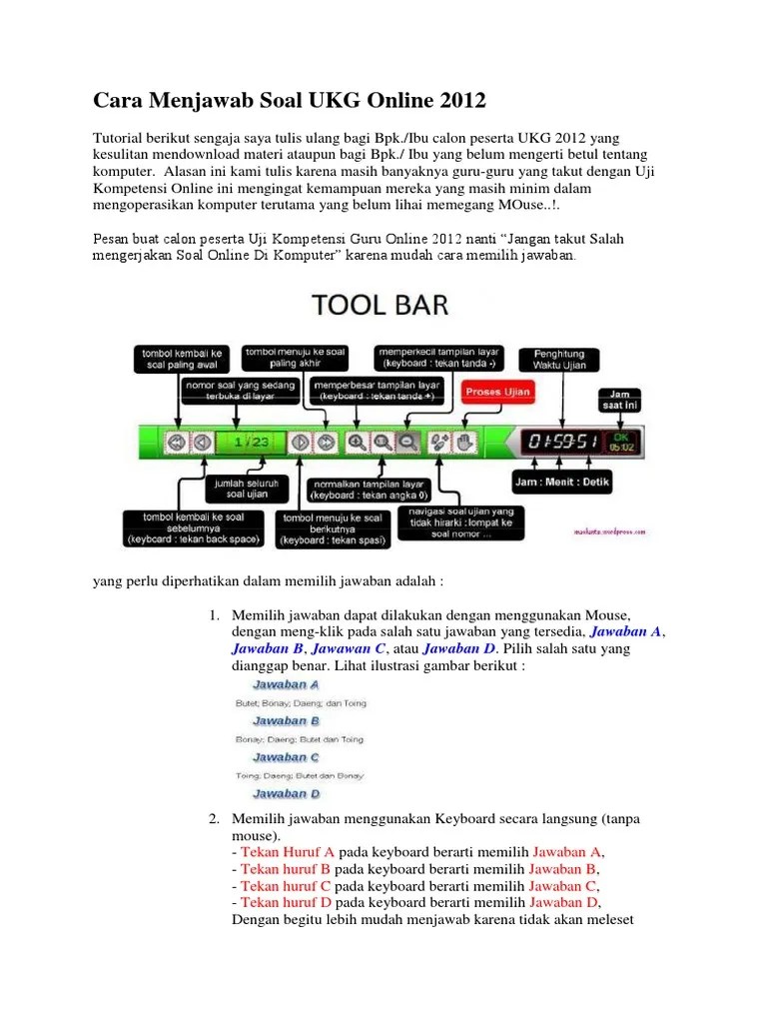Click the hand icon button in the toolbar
pyautogui.click(x=462, y=442)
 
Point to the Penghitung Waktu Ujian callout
pyautogui.click(x=566, y=361)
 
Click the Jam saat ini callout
pyautogui.click(x=621, y=400)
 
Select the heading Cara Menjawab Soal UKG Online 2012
pyautogui.click(x=290, y=101)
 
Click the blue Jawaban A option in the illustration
pyautogui.click(x=286, y=685)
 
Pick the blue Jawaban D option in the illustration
pyautogui.click(x=286, y=794)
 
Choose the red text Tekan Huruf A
pyautogui.click(x=288, y=852)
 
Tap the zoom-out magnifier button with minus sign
pyautogui.click(x=406, y=442)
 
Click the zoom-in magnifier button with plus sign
pyautogui.click(x=356, y=442)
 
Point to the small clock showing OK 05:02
pyautogui.click(x=621, y=442)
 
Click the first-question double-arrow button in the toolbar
pyautogui.click(x=176, y=442)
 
